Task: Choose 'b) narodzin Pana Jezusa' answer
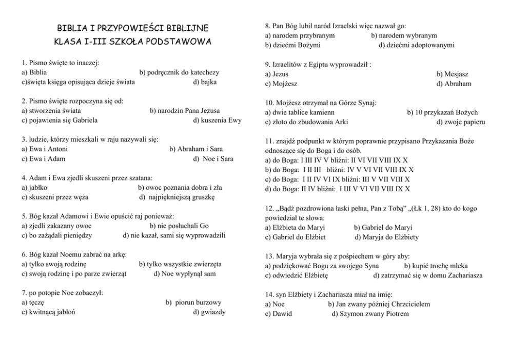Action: [185, 110]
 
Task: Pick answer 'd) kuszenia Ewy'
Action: [217, 120]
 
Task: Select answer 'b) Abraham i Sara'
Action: [196, 149]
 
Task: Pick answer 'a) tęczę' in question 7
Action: [32, 303]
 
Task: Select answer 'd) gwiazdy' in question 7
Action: [209, 312]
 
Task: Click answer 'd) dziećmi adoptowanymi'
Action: [417, 45]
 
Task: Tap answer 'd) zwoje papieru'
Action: [461, 122]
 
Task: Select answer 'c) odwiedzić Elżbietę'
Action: [297, 275]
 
